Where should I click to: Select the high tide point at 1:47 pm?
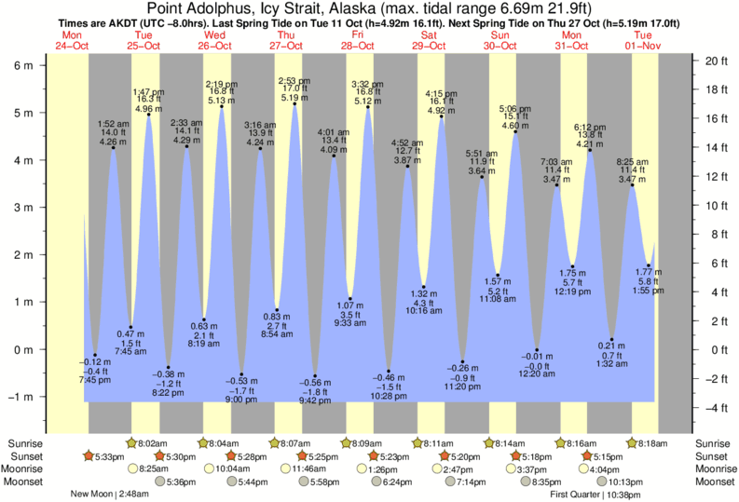point(149,115)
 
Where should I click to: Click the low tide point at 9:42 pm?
point(315,375)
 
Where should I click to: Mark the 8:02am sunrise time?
point(153,443)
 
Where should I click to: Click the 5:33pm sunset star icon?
point(89,456)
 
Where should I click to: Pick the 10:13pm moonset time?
point(625,482)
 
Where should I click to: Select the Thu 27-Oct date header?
point(286,39)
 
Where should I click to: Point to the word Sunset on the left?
point(24,456)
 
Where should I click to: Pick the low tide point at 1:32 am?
point(611,339)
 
